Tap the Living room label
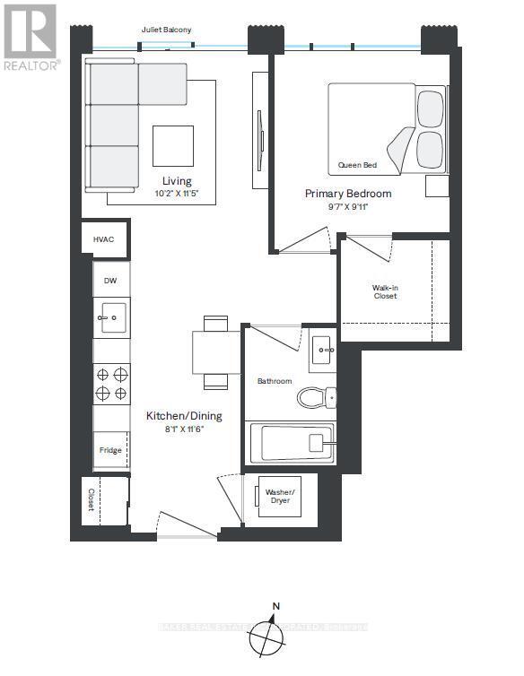176,181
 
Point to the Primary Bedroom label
348,194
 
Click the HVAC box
105,239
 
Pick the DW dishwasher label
110,281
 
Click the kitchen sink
112,316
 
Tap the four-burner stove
112,384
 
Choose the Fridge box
110,450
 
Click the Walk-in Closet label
385,292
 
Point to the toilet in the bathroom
316,396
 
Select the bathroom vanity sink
323,351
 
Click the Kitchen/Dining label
184,416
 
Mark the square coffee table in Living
172,145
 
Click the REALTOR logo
31,37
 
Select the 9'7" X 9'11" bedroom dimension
348,207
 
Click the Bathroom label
275,381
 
